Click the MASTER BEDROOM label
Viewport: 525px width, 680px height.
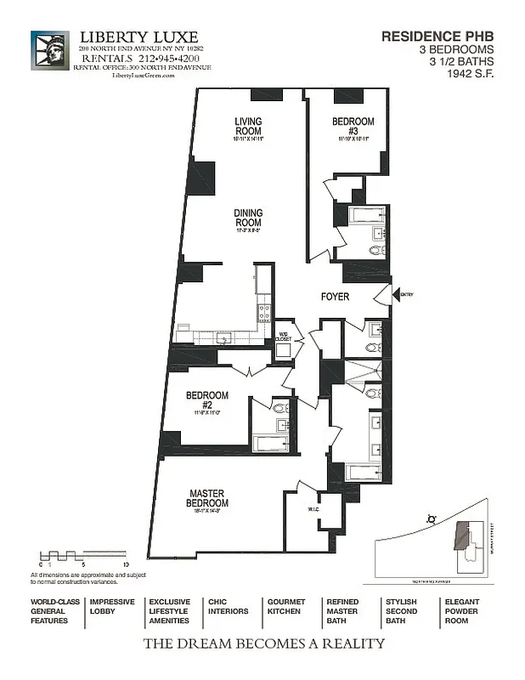(206, 499)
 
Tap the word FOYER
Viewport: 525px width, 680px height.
(335, 298)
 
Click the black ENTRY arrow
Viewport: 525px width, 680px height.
(383, 295)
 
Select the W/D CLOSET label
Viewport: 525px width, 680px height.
(284, 336)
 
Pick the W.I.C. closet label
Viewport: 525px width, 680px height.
(312, 510)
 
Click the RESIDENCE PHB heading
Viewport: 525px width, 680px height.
(437, 37)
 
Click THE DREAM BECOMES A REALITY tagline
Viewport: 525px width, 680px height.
(263, 644)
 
